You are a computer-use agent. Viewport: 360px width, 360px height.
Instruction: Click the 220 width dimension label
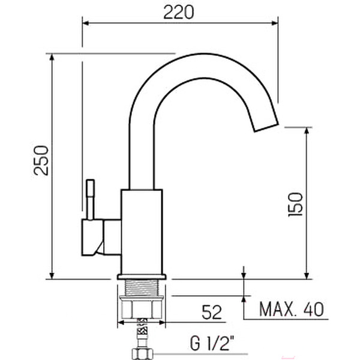point(179,12)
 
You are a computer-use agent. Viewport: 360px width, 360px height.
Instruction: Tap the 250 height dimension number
point(41,160)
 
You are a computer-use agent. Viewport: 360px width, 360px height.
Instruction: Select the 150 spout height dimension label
point(295,205)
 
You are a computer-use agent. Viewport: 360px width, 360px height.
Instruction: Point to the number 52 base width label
point(212,312)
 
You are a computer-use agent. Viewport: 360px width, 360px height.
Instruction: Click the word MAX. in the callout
point(277,309)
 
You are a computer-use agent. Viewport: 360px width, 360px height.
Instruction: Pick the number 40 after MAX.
point(314,309)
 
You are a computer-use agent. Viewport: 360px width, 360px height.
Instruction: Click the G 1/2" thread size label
point(212,343)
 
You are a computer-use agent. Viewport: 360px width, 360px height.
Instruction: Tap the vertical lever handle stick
point(90,199)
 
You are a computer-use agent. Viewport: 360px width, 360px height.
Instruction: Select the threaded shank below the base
point(142,288)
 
